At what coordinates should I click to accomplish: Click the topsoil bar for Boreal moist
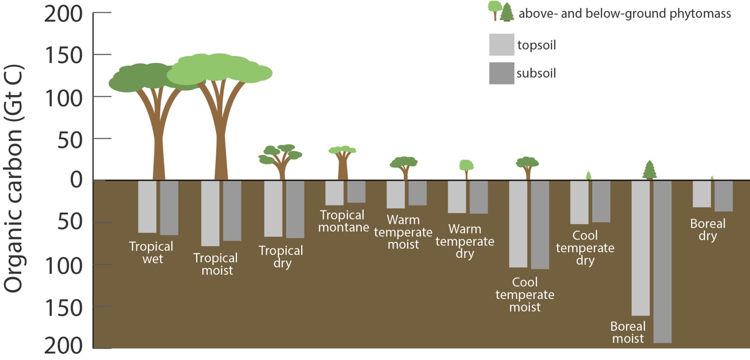tap(641, 248)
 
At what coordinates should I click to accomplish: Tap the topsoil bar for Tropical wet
tap(147, 206)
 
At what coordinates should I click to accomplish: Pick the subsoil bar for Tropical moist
tap(232, 210)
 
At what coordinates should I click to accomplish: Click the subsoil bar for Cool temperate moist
tap(540, 224)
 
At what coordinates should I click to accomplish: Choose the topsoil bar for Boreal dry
tap(702, 193)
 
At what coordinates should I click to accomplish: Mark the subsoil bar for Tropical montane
tap(356, 192)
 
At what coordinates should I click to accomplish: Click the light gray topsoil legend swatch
tap(502, 45)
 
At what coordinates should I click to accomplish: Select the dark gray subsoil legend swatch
tap(502, 73)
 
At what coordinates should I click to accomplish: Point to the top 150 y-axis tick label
tap(64, 55)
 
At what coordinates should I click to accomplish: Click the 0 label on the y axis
tap(76, 180)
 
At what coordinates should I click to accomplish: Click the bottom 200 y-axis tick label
tap(64, 346)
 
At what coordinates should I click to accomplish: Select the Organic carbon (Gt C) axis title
tap(14, 178)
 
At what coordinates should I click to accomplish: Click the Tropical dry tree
tap(280, 160)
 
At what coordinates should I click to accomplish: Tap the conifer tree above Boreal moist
tap(649, 170)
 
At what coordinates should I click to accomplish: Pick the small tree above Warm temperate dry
tap(466, 168)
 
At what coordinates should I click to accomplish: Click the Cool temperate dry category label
tap(585, 248)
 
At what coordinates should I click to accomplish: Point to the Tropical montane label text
tap(343, 221)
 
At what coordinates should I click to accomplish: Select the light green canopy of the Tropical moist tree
tap(219, 68)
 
